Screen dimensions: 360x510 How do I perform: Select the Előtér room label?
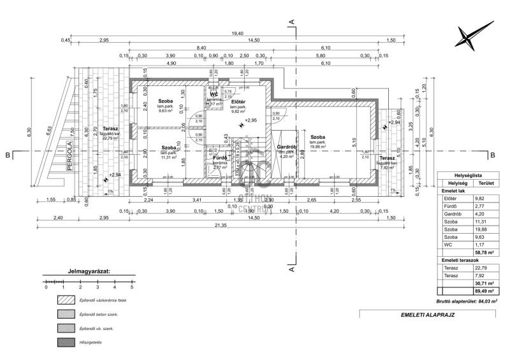[239, 101]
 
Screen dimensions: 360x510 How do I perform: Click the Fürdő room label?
[220, 157]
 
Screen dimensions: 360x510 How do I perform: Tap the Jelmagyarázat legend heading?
[89, 270]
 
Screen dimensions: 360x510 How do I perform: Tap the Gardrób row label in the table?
[453, 215]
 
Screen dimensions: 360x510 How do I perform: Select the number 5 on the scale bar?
[131, 287]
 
